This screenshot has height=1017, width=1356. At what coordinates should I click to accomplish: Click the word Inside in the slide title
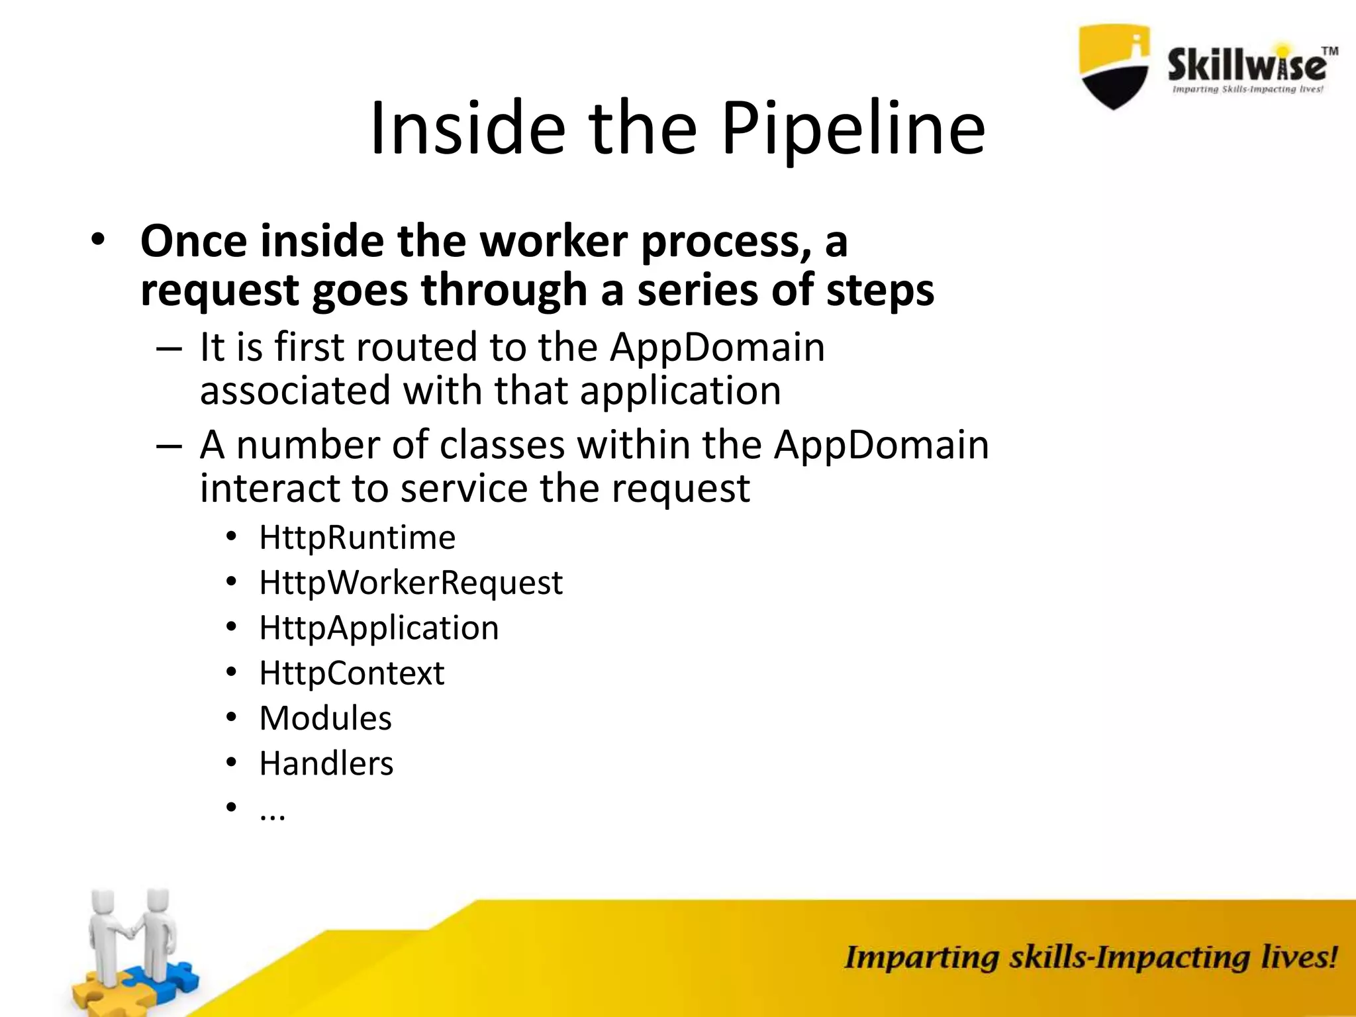coord(467,128)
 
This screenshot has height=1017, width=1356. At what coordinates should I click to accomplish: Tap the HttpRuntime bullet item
coord(357,537)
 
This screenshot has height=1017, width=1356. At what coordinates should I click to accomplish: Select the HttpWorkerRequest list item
coord(411,583)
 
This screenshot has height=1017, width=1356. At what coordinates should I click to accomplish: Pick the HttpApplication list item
coord(379,628)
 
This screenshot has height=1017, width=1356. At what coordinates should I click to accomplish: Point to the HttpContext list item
coord(352,673)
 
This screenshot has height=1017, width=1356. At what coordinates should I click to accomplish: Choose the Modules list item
coord(325,718)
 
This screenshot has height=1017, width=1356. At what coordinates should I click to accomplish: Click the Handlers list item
coord(326,763)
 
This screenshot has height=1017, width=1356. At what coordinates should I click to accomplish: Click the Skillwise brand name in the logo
coord(1246,66)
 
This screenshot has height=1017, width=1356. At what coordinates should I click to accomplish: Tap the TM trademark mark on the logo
coord(1329,51)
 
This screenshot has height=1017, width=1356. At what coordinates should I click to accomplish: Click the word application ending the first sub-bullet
coord(680,391)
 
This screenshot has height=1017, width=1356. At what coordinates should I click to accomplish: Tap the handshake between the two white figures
coord(133,932)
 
